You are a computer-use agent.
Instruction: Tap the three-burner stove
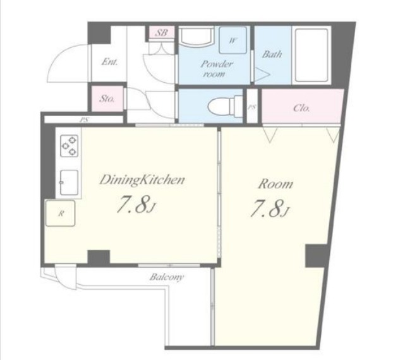click(x=69, y=145)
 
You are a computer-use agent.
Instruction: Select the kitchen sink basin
click(x=69, y=182)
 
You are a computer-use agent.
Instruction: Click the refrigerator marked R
click(x=61, y=213)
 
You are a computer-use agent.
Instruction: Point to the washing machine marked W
click(x=233, y=40)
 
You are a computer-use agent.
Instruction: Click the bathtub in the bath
click(x=311, y=55)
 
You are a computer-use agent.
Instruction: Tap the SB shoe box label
click(x=161, y=32)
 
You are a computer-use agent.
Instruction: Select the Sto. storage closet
click(x=107, y=99)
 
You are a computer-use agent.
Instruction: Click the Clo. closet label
click(x=302, y=108)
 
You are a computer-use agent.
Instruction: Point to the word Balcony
click(x=167, y=277)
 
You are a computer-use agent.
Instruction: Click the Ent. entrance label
click(x=109, y=62)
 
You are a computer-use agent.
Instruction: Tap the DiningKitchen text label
click(x=142, y=180)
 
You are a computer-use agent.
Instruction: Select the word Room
click(x=275, y=184)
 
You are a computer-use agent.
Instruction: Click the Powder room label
click(x=217, y=69)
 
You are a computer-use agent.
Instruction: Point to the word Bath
click(x=272, y=54)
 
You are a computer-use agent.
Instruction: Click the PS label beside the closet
click(x=252, y=107)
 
